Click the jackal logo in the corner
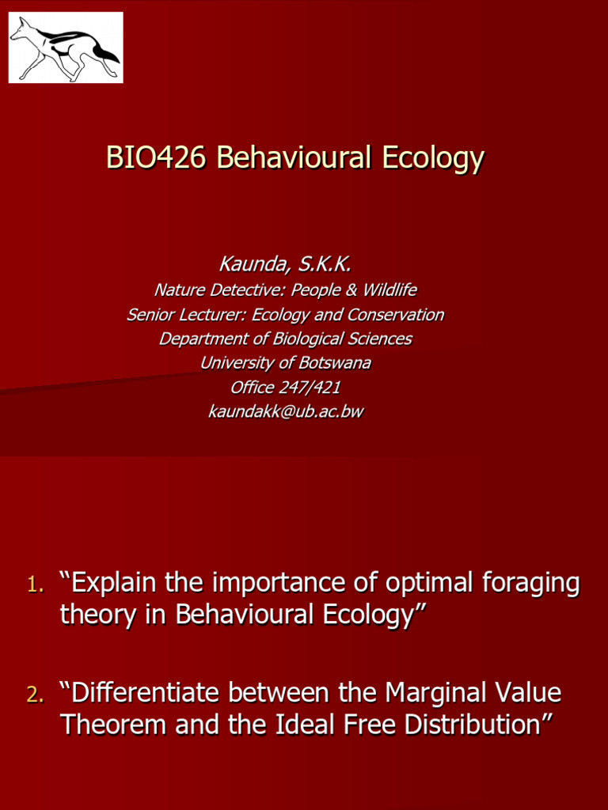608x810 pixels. pyautogui.click(x=66, y=47)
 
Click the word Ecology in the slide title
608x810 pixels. pyautogui.click(x=433, y=157)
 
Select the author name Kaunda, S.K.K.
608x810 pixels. pyautogui.click(x=285, y=264)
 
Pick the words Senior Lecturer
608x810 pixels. pyautogui.click(x=186, y=315)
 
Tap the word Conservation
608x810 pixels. pyautogui.click(x=393, y=315)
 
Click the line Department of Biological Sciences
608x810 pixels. pyautogui.click(x=285, y=339)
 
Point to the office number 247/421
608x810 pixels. pyautogui.click(x=308, y=388)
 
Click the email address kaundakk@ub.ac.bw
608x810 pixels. pyautogui.click(x=285, y=411)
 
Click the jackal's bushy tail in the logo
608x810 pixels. pyautogui.click(x=105, y=54)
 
